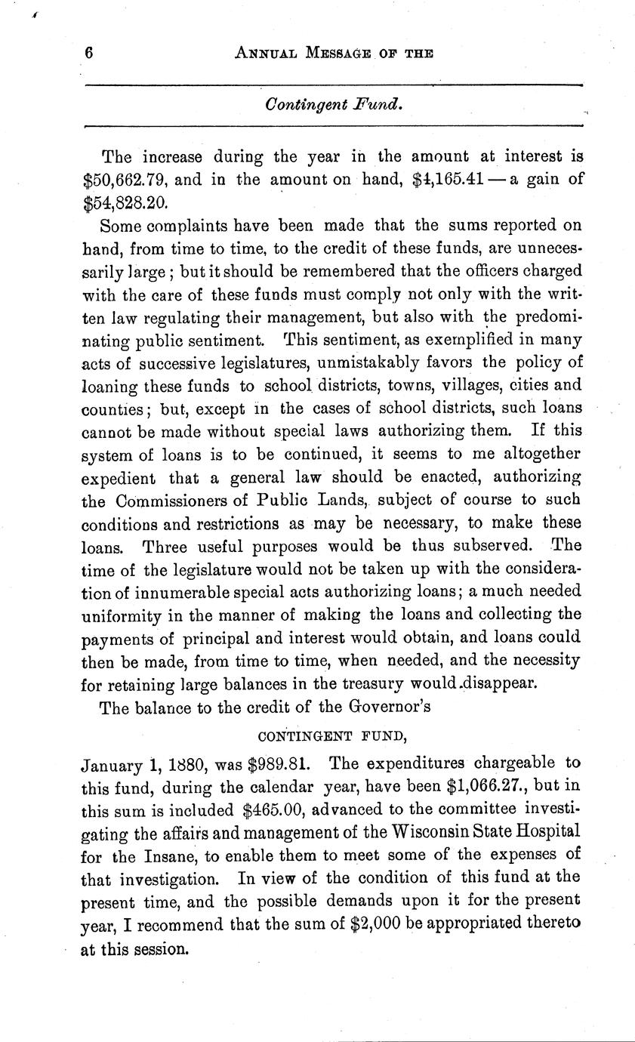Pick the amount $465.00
(275, 809)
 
